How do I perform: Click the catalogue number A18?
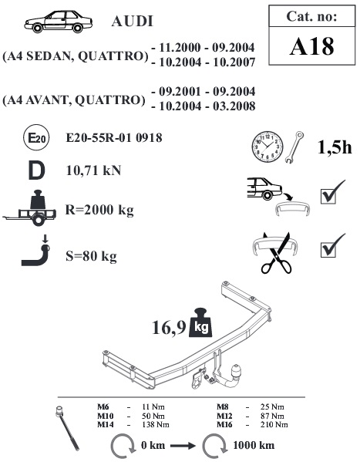click(312, 46)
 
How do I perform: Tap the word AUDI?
click(133, 22)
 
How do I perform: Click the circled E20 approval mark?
click(36, 138)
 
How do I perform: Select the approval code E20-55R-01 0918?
click(114, 138)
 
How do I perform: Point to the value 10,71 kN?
click(94, 170)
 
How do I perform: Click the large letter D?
click(36, 170)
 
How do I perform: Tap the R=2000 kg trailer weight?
click(99, 211)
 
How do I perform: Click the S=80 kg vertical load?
click(91, 256)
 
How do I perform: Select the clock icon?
click(267, 147)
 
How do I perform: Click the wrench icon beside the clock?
click(294, 147)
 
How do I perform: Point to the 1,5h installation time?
click(335, 147)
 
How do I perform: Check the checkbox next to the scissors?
click(328, 250)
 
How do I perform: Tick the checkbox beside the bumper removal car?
click(328, 196)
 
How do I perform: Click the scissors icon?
click(276, 254)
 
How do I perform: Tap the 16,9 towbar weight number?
click(169, 327)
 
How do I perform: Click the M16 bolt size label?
click(224, 424)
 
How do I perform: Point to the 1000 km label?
click(254, 445)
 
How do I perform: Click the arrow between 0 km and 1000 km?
click(183, 446)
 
